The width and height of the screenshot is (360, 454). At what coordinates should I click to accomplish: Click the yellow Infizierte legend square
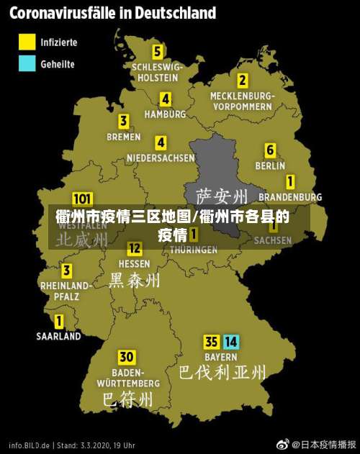27,42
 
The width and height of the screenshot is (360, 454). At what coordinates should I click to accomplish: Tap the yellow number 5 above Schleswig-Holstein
157,52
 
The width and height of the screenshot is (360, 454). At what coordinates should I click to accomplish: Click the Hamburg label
165,114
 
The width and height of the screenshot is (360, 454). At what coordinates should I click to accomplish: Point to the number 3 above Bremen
124,121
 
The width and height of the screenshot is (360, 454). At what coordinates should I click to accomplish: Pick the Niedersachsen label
161,158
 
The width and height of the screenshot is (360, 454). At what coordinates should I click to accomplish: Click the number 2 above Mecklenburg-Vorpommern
243,81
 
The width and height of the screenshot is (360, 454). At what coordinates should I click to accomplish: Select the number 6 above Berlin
270,150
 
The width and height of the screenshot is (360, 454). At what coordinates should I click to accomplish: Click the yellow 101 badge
82,199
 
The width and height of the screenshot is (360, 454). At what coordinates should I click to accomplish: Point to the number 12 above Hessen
135,249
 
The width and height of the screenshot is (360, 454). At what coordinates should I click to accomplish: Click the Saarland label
59,335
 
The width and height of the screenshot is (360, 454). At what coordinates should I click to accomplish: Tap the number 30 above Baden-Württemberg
127,357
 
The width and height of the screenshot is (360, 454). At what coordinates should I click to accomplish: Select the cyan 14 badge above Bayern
230,342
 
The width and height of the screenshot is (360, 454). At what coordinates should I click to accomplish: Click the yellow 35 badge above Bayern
212,342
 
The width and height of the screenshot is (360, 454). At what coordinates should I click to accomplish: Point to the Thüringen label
193,250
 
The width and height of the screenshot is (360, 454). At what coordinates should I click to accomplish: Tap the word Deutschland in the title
167,13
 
